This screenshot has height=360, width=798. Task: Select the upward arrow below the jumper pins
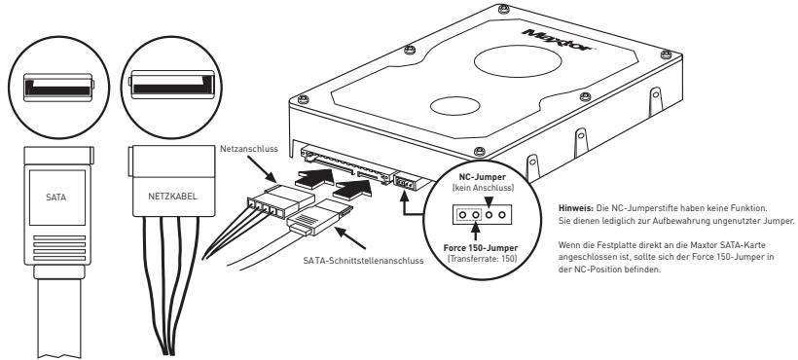[463, 234]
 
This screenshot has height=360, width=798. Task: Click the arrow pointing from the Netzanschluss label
[260, 175]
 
